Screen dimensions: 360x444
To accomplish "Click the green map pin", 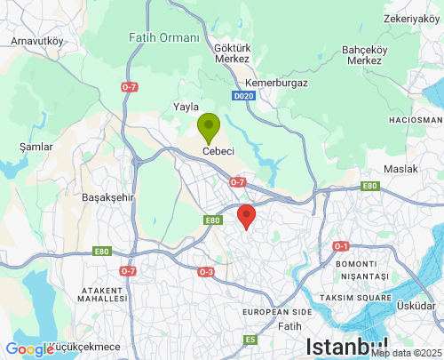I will (209, 127).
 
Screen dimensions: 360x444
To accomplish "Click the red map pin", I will (247, 215).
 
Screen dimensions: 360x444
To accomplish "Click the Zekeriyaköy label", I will (413, 18).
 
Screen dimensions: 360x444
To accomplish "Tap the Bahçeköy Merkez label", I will (365, 55).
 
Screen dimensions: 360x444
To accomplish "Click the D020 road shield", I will (243, 96).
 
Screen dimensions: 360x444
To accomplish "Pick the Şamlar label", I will (36, 147).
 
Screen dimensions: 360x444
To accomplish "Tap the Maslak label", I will (399, 169).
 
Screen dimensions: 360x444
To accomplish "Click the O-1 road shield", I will (341, 245).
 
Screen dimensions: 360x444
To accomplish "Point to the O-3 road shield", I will (206, 272).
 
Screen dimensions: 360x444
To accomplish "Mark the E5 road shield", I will (251, 340).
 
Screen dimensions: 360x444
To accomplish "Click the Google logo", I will (29, 349).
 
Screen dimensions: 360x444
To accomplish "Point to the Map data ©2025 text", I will (406, 353).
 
